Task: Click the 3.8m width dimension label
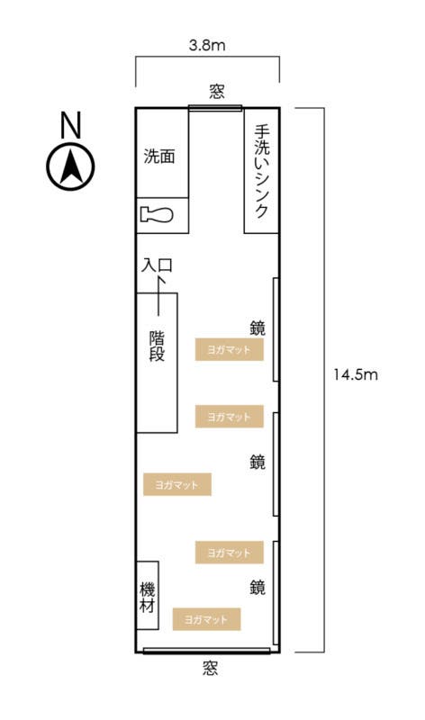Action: click(207, 43)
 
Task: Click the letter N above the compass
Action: click(70, 126)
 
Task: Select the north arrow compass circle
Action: click(70, 167)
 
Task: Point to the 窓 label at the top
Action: click(216, 91)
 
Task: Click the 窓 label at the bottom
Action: click(209, 669)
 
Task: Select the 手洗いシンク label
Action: click(261, 171)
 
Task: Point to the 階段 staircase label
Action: click(157, 346)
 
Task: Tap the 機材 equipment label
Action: click(148, 598)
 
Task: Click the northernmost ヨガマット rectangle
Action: click(229, 349)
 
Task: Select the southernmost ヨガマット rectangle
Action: click(207, 619)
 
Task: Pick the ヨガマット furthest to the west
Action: click(176, 484)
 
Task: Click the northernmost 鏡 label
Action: click(257, 328)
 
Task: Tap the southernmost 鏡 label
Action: click(257, 588)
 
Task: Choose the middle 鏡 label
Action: click(257, 462)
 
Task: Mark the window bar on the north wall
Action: click(216, 108)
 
